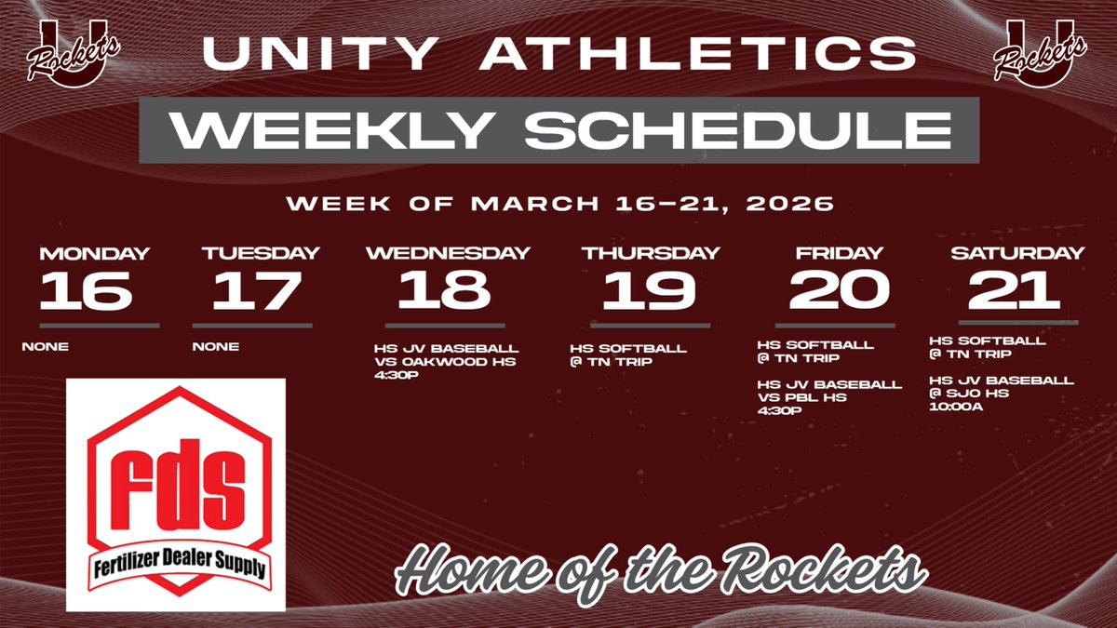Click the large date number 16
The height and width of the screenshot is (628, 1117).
(x=85, y=290)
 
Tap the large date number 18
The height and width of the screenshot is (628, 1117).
(x=444, y=290)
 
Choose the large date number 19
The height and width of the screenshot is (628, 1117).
(x=649, y=290)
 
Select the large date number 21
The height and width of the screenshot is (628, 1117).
(x=1015, y=290)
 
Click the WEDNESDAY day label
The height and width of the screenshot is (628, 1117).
(x=448, y=253)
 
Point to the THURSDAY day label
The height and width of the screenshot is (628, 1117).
(x=650, y=253)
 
